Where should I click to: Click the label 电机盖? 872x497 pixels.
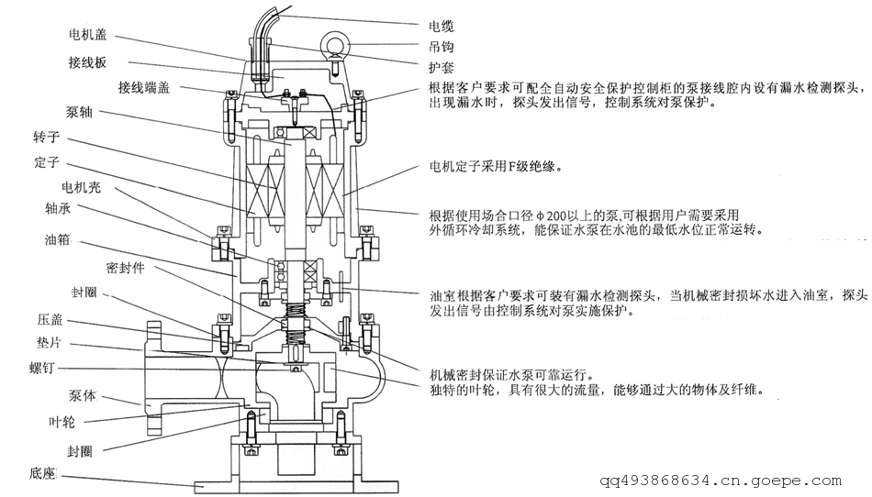point(88,35)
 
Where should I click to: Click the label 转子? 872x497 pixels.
point(46,140)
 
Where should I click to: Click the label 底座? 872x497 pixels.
point(42,474)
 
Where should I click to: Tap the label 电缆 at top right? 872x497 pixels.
point(441,27)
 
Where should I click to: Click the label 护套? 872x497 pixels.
point(441,67)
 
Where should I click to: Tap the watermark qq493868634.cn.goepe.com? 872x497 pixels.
point(721,480)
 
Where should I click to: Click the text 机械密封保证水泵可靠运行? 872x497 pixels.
point(511,375)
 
